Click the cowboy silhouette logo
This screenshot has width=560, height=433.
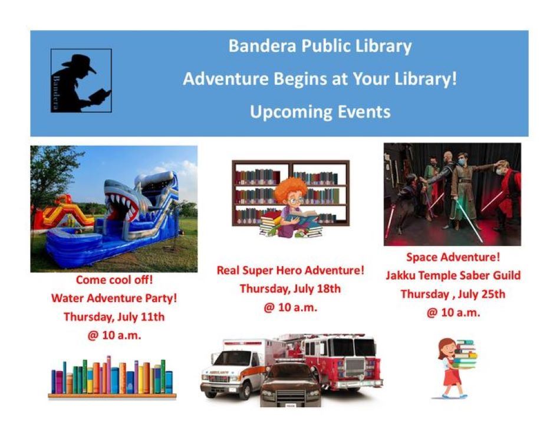[x=81, y=80]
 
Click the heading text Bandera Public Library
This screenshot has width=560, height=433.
[x=320, y=46]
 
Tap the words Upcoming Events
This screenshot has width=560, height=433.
[x=320, y=112]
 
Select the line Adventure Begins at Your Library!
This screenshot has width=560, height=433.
[x=320, y=78]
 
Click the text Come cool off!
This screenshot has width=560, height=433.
[x=114, y=279]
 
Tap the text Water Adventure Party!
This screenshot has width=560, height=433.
[x=114, y=298]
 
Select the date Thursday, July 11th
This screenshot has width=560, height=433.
[x=114, y=317]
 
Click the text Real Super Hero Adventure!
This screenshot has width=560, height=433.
[x=291, y=270]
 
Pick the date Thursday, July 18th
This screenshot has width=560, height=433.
[x=291, y=288]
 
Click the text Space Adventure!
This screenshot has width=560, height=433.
[x=453, y=257]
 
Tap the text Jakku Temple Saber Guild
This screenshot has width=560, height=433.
[x=453, y=275]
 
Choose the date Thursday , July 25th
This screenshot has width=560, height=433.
[x=453, y=294]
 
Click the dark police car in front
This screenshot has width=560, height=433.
[x=290, y=385]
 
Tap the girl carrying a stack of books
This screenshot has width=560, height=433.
[x=455, y=368]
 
